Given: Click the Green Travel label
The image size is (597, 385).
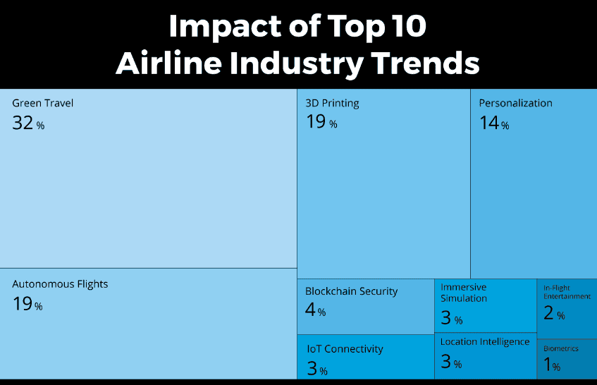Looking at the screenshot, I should click(x=42, y=103).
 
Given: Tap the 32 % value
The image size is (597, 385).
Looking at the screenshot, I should click(x=27, y=123).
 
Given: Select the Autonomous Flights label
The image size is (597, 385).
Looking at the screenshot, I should click(x=60, y=284).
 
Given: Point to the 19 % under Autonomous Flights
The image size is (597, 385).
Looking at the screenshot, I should click(x=27, y=305).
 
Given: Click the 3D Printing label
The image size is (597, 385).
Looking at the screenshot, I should click(x=332, y=103).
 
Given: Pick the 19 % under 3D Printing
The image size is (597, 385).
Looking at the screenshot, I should click(x=321, y=122).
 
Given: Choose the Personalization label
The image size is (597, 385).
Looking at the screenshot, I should click(x=515, y=103).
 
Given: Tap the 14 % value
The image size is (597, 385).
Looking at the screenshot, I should click(x=493, y=123).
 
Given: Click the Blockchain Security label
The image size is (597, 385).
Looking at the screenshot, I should click(x=351, y=291).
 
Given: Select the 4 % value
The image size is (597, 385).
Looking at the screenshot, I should click(x=315, y=310).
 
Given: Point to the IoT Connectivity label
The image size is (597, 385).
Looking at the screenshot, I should click(x=345, y=349).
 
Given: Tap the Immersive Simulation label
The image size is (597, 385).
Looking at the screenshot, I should click(x=464, y=293).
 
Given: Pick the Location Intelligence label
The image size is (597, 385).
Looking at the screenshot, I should click(x=485, y=342).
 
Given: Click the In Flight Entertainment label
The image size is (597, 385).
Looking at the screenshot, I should click(x=567, y=292).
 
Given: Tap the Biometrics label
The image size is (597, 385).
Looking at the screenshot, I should click(x=561, y=348).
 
